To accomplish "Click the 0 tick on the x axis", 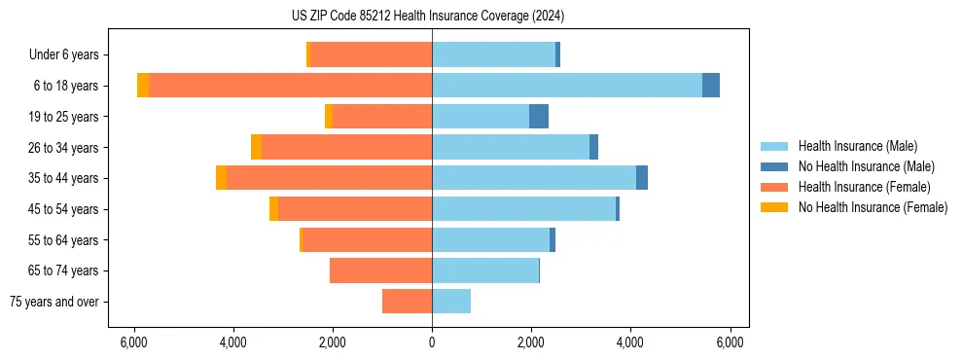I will tap(432, 342).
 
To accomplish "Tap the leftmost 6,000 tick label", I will tap(133, 342).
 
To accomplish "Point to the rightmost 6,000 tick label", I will tap(731, 342).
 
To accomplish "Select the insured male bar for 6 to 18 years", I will tap(567, 86).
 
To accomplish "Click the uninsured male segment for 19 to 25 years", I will tap(539, 117).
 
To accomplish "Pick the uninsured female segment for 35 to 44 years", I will tap(222, 178).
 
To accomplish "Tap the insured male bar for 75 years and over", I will tap(451, 302).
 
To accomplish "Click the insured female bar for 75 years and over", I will tap(407, 302).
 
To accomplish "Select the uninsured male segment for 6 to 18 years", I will tap(711, 86).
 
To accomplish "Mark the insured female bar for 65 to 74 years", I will tap(380, 270).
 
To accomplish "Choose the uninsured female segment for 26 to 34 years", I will tap(256, 147).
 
